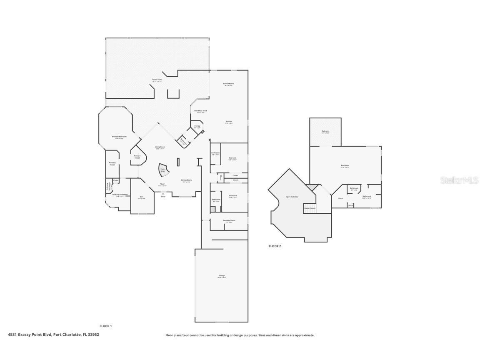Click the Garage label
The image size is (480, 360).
[x=221, y=276]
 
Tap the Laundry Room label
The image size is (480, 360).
[x=229, y=220]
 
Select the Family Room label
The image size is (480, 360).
[x=229, y=84]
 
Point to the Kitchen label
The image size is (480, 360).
[x=229, y=122]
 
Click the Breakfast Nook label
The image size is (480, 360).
[x=200, y=111]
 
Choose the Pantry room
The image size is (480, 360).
[x=197, y=126]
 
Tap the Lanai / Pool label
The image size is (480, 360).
[x=157, y=80]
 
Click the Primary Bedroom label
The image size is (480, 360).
[x=119, y=137]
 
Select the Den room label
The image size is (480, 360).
[x=141, y=197]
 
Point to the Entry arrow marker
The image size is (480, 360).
[x=163, y=193]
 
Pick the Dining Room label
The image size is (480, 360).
[x=186, y=180]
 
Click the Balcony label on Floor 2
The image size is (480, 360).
[x=325, y=132]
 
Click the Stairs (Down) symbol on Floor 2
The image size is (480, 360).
[x=310, y=208]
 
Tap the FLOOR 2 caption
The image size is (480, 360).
[x=275, y=246]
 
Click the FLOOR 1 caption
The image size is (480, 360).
[x=105, y=326]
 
